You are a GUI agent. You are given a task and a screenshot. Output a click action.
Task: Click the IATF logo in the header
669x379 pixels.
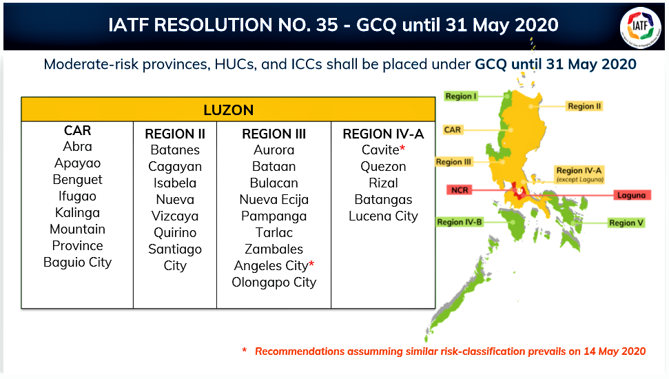pos(640,28)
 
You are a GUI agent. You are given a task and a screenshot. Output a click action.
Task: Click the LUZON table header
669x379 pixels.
pos(228,110)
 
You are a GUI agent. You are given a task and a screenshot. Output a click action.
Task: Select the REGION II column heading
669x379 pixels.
pos(175,134)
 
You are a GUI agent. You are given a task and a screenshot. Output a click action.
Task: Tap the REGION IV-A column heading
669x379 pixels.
pos(383,134)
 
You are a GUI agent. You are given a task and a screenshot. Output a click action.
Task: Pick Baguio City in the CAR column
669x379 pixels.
pos(77,262)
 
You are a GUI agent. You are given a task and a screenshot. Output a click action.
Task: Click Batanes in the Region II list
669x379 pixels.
pos(175,150)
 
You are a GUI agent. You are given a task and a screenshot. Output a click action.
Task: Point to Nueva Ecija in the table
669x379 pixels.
pos(274,200)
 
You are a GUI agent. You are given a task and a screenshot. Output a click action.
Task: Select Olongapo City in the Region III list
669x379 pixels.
pos(274,283)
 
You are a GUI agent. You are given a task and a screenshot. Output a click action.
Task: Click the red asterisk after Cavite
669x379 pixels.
pos(402,147)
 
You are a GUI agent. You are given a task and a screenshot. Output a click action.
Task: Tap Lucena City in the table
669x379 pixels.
pos(383,216)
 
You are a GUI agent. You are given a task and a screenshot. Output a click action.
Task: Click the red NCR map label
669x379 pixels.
pos(460,190)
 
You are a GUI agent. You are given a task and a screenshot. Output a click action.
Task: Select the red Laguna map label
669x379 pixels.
pos(632,195)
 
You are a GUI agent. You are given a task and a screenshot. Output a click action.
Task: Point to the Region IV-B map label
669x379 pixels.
pos(459,222)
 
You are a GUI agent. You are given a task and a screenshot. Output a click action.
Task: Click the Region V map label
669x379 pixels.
pos(626,223)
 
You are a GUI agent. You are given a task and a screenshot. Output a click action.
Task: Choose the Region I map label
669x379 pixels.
pos(461,96)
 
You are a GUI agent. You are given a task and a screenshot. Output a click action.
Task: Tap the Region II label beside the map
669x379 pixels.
pos(584,106)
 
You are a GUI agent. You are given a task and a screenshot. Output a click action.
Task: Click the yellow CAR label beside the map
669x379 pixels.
pos(452,130)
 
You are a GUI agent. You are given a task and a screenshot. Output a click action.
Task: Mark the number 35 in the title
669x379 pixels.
pos(327,25)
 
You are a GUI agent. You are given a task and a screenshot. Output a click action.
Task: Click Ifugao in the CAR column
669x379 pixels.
pos(77,196)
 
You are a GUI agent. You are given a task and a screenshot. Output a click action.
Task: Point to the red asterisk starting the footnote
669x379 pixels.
pos(245,350)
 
